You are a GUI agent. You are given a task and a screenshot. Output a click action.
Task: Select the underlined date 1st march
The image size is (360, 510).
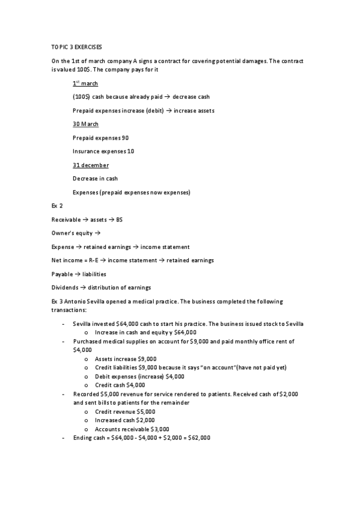(85, 84)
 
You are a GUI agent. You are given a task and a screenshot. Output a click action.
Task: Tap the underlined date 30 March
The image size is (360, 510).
(85, 124)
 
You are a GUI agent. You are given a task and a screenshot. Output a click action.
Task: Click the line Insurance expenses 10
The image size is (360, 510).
(103, 152)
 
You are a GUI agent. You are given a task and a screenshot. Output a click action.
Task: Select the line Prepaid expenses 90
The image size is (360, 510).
(100, 138)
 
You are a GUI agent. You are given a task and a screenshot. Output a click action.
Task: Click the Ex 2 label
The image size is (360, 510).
(58, 206)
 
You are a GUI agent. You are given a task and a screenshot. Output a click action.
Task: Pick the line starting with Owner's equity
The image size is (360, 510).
(75, 233)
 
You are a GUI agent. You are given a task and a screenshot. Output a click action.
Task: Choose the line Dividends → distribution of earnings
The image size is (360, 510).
(101, 287)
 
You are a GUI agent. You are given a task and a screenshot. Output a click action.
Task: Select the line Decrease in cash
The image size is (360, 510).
(95, 179)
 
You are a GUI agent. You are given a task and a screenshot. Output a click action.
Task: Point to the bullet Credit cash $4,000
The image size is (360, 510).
(120, 385)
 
